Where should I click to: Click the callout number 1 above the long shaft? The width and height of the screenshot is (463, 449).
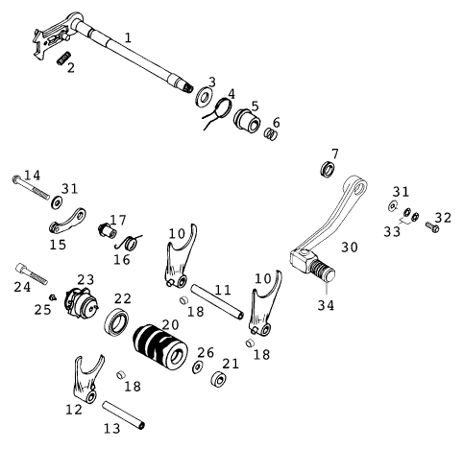tap(127, 35)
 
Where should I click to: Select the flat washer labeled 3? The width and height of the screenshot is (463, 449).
tap(204, 98)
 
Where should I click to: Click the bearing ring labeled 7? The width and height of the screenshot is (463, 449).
tap(329, 170)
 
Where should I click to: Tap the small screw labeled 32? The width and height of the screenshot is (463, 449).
tap(431, 225)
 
